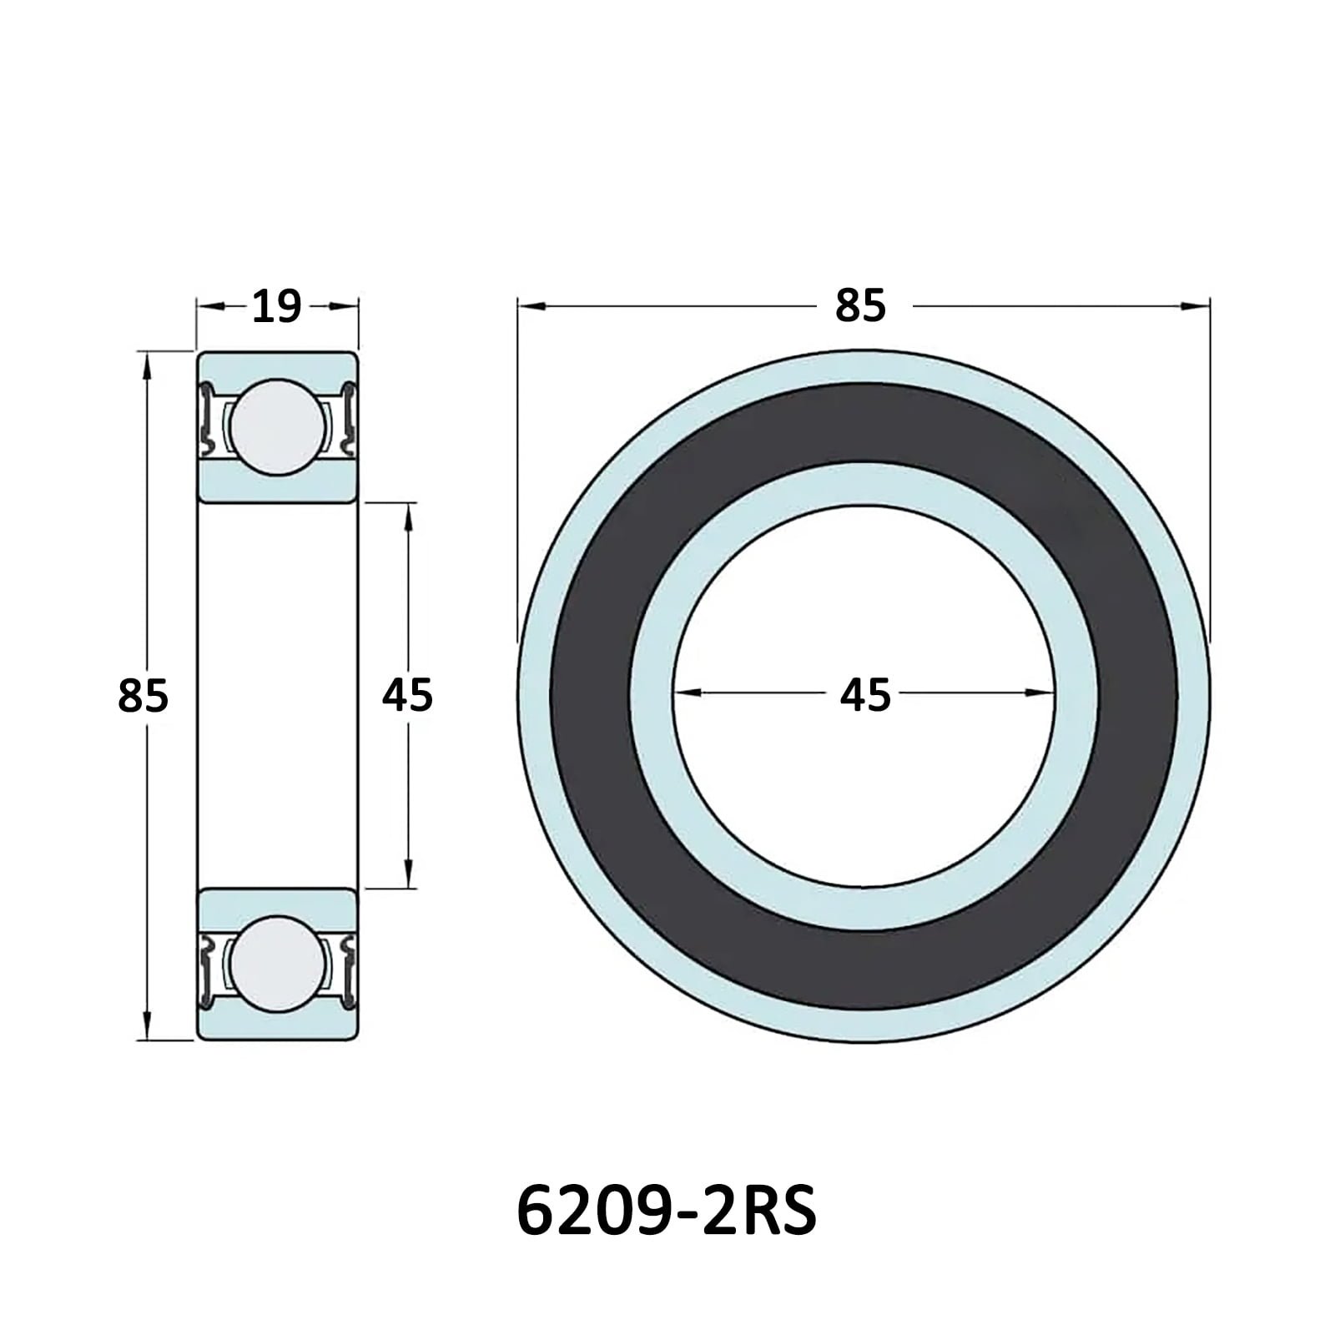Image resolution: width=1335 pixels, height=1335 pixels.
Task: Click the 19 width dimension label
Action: coord(276,307)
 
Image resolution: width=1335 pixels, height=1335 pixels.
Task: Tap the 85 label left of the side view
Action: coord(143,696)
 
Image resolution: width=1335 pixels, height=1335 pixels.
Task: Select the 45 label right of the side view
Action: coord(407,695)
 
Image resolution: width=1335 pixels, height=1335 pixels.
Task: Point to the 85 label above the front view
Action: coord(860,306)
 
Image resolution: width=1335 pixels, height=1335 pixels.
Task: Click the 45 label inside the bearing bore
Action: coord(865,695)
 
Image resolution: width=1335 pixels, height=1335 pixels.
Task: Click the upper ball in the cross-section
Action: coord(278,427)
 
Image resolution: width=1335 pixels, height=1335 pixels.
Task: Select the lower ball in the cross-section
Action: coord(278,964)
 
